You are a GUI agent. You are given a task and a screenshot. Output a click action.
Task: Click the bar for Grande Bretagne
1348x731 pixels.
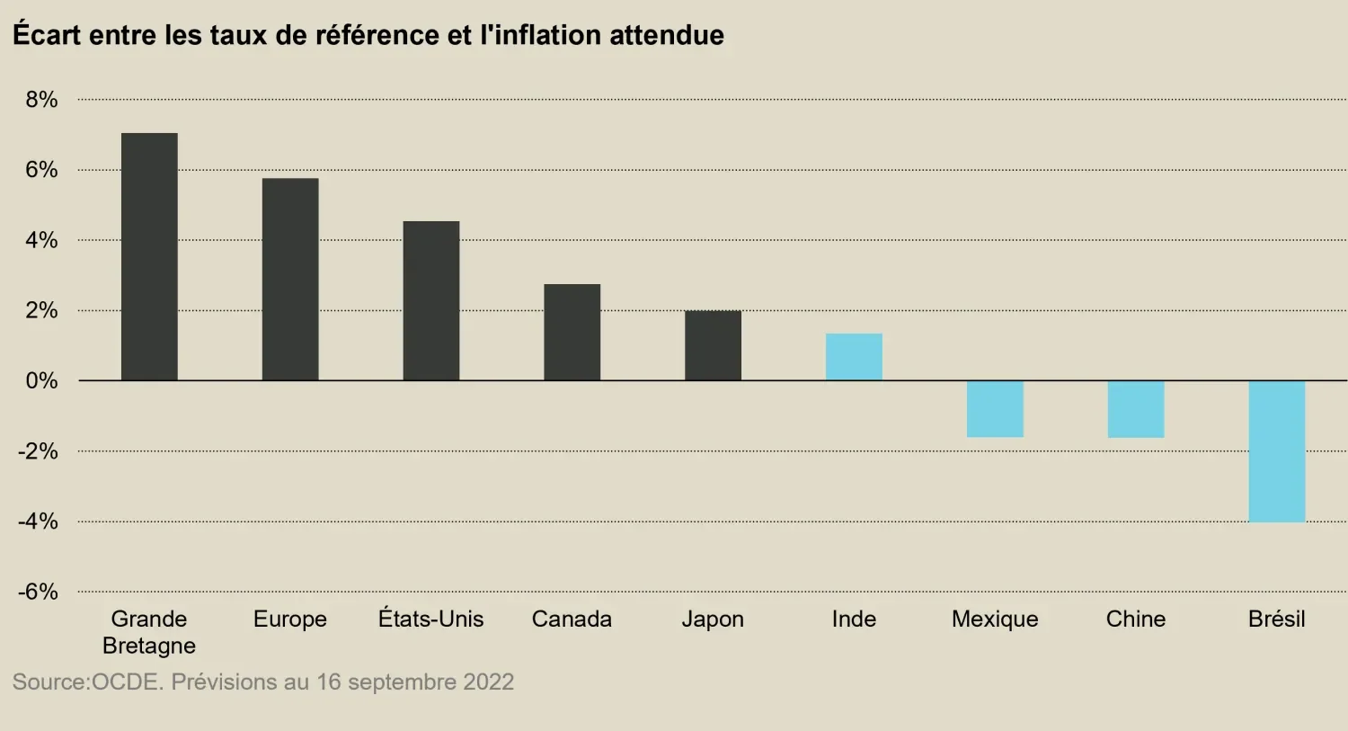(x=149, y=257)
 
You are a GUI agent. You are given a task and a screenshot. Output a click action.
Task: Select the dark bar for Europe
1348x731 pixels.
(x=290, y=280)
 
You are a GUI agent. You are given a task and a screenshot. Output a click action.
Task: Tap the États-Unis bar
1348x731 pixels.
(x=431, y=301)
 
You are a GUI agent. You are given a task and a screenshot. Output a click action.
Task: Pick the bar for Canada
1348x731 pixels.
(x=572, y=333)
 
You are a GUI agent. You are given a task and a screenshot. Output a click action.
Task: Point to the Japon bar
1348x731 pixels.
(x=713, y=346)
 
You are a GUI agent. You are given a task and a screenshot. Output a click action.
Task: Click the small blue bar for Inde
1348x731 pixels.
(x=854, y=357)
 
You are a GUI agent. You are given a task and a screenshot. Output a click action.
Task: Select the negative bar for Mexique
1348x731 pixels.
(x=995, y=409)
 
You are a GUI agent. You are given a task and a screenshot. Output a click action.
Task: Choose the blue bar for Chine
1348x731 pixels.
(x=1136, y=409)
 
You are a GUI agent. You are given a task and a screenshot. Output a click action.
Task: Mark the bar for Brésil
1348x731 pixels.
(x=1277, y=451)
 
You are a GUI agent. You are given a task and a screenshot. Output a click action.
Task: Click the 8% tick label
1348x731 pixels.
(x=41, y=100)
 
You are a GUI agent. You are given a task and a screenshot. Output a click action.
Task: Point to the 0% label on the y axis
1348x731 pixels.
(x=41, y=381)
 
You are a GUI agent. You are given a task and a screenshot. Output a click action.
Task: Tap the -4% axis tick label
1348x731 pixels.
(x=38, y=522)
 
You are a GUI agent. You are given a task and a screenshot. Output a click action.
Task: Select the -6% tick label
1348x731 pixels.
(x=38, y=592)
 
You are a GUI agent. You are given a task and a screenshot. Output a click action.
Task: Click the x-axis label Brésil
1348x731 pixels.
(x=1276, y=619)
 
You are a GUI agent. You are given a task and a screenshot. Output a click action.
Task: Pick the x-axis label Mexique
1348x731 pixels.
(x=995, y=619)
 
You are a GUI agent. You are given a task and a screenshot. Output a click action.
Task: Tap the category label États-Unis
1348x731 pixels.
(x=430, y=619)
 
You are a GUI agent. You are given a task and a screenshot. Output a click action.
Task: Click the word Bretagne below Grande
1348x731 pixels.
(x=149, y=646)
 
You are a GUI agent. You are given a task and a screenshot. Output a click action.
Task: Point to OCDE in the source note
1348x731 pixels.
(x=125, y=682)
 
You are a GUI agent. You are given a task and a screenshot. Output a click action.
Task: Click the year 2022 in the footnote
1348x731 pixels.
(x=488, y=682)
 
